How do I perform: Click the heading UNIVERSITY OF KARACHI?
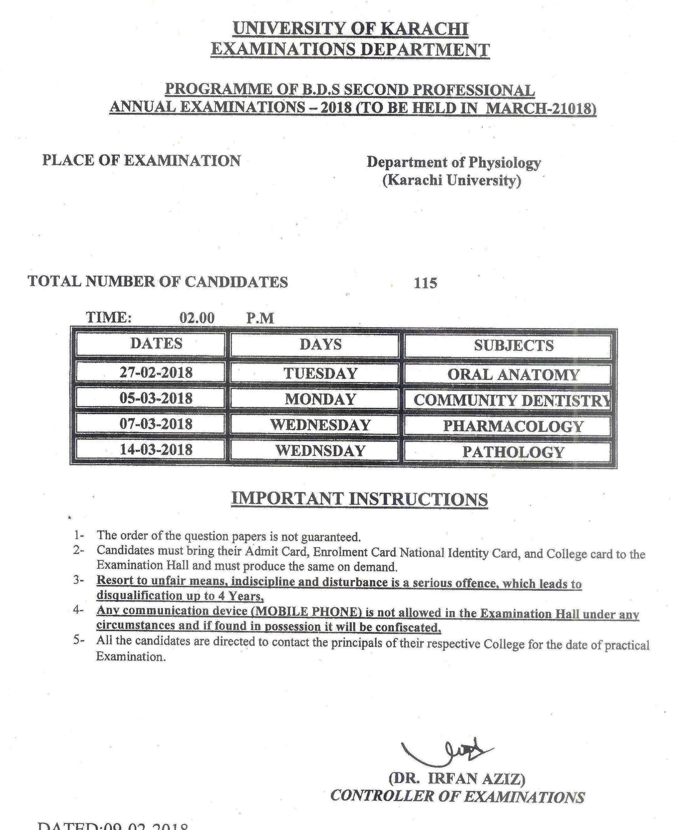[350, 29]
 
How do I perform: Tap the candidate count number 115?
[425, 283]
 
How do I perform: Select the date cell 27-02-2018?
[156, 373]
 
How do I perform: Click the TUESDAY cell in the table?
[320, 373]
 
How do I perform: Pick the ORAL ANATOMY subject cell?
[513, 375]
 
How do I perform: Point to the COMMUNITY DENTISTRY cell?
[511, 400]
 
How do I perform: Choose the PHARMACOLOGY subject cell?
[513, 426]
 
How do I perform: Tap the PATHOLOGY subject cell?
[513, 452]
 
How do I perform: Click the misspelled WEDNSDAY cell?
[320, 451]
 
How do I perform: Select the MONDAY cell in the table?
[320, 399]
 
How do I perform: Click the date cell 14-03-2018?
[156, 450]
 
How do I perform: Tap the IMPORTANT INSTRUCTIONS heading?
[359, 499]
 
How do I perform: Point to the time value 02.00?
[197, 317]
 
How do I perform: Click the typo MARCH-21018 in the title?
[540, 108]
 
